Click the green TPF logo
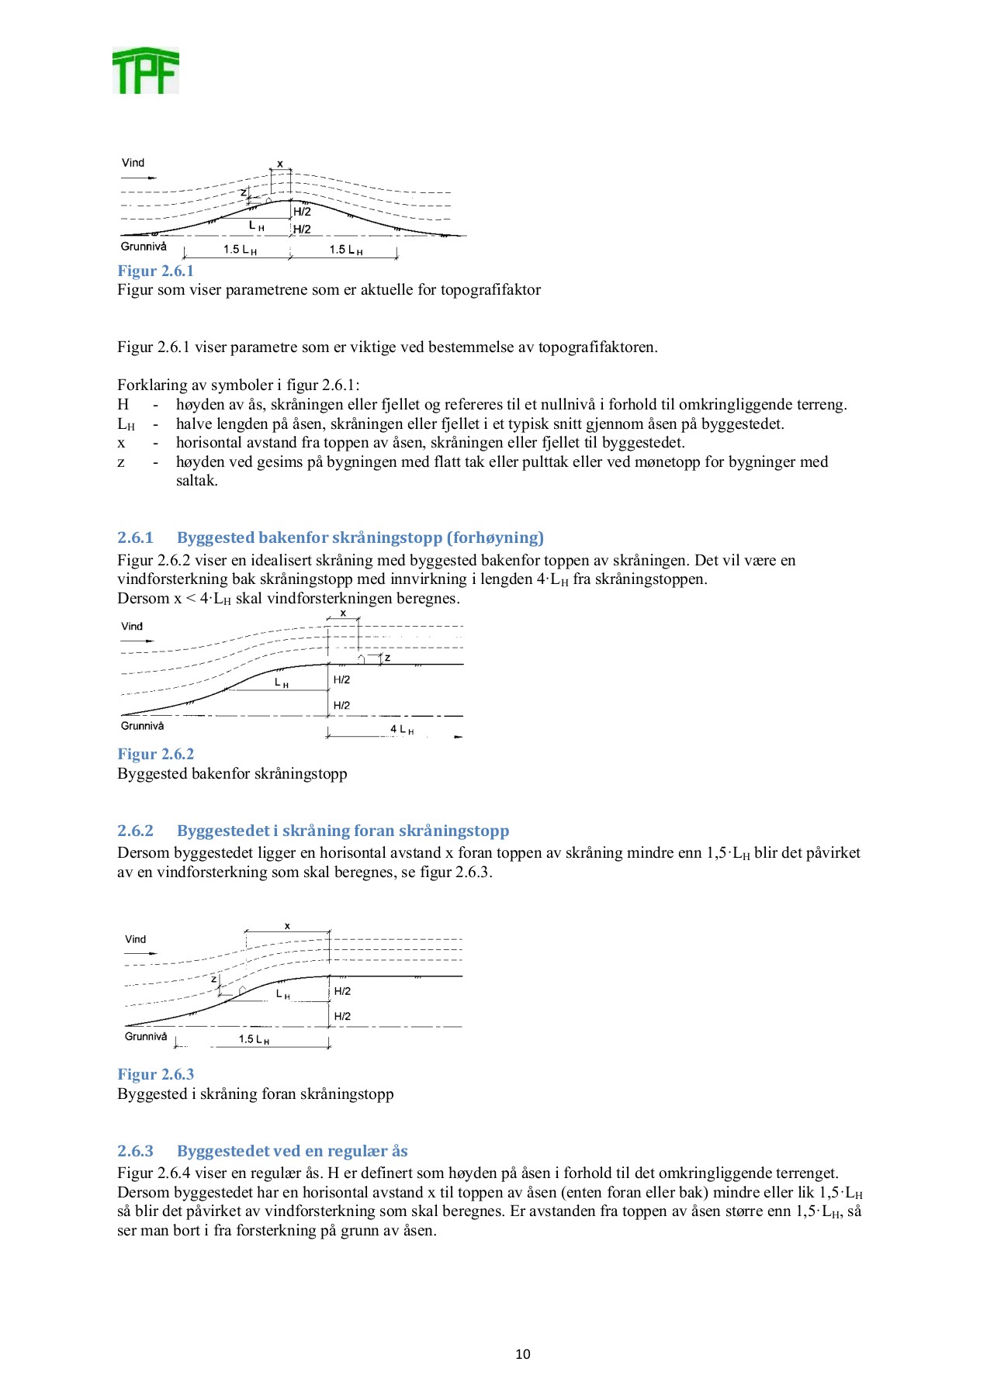pyautogui.click(x=146, y=71)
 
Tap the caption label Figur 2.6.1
pyautogui.click(x=155, y=271)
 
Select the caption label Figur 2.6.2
pyautogui.click(x=155, y=754)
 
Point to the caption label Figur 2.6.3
pyautogui.click(x=155, y=1074)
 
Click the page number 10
pyautogui.click(x=523, y=1354)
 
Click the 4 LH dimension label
pyautogui.click(x=401, y=730)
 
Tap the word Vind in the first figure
pyautogui.click(x=133, y=163)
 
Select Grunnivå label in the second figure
pyautogui.click(x=143, y=726)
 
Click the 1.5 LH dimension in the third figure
pyautogui.click(x=253, y=1039)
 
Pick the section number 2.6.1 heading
pyautogui.click(x=136, y=537)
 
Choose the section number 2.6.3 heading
pyautogui.click(x=136, y=1151)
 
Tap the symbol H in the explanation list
pyautogui.click(x=123, y=404)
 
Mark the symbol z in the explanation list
pyautogui.click(x=121, y=462)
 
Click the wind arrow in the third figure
pyautogui.click(x=140, y=952)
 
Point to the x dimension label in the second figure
pyautogui.click(x=343, y=613)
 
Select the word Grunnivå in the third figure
pyautogui.click(x=146, y=1036)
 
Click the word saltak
pyautogui.click(x=196, y=481)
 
